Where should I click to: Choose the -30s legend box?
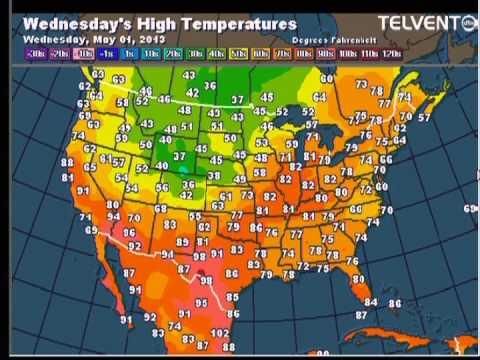[36, 52]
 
